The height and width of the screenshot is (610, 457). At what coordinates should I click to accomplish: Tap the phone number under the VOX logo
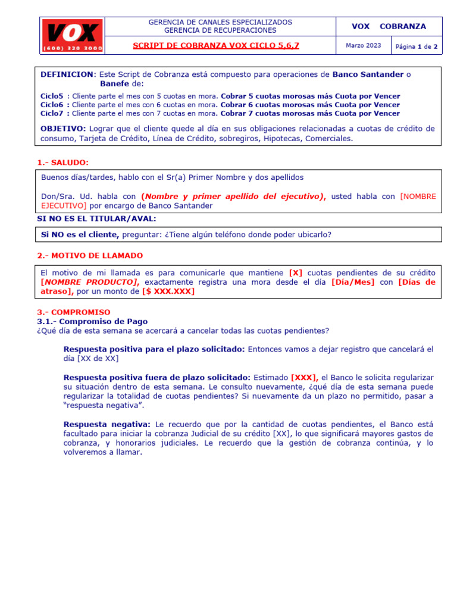point(73,48)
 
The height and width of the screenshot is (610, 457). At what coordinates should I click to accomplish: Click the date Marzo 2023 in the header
point(363,46)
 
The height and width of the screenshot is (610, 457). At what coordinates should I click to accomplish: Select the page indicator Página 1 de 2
point(417,46)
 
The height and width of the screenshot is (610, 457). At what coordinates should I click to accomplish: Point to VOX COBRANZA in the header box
point(389,26)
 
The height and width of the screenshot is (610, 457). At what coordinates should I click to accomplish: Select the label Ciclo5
point(52,96)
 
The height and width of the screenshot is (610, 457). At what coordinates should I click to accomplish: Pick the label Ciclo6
point(52,105)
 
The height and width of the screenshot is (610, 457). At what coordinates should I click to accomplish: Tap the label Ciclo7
point(52,113)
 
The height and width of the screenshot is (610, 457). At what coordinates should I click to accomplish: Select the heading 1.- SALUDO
point(62,162)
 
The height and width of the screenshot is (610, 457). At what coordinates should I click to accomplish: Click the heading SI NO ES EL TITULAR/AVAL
point(96,219)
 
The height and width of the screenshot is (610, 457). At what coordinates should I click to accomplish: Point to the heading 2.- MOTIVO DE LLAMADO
point(90,256)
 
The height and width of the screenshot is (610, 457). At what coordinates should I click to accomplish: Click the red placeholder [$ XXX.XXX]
point(168,291)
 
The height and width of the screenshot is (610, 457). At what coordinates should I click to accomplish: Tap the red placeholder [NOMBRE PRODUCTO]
point(90,282)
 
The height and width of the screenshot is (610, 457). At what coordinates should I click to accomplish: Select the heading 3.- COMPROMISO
point(74,312)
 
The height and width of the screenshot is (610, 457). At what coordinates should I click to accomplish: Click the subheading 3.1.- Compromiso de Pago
point(92,321)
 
